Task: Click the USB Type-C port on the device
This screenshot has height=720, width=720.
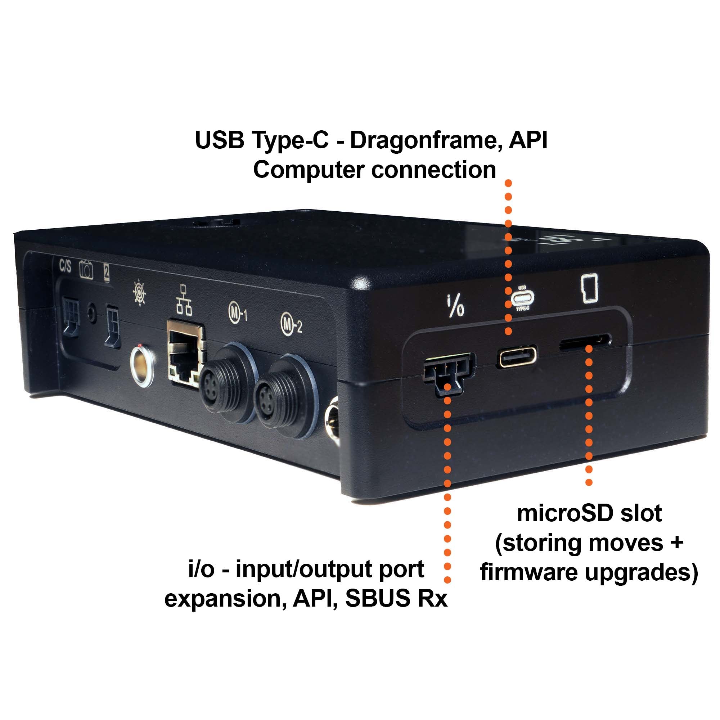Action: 517,356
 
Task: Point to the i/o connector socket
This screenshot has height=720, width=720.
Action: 449,373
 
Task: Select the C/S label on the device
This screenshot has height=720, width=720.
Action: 65,266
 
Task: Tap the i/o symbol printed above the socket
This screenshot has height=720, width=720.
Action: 455,306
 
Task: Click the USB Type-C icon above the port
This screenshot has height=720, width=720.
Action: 522,298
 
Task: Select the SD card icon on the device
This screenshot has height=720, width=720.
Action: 590,288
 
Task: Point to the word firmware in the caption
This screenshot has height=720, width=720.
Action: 529,573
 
